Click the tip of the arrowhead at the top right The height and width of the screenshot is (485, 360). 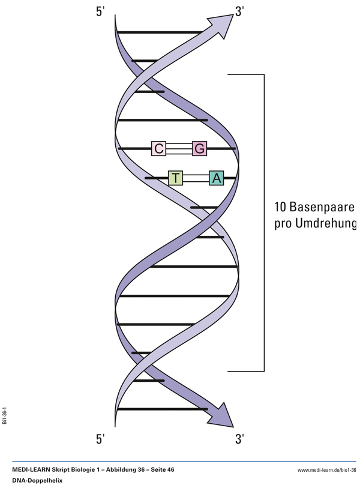tap(233, 14)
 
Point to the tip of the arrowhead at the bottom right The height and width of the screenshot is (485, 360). tap(233, 427)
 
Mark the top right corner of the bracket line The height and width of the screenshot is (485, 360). tap(264, 74)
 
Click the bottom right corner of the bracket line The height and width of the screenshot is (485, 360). tap(264, 371)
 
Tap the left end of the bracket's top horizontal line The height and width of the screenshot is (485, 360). tap(228, 74)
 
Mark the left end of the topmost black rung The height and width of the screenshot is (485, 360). tap(118, 32)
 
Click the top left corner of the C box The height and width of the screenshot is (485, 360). tap(152, 141)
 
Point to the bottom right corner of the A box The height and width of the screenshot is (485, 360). tap(224, 185)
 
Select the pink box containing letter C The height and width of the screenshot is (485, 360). tap(158, 148)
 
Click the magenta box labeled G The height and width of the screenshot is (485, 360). tap(199, 148)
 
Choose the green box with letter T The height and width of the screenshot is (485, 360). tap(175, 178)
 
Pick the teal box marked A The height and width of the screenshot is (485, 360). tap(217, 178)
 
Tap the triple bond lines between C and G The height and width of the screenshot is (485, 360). tap(179, 149)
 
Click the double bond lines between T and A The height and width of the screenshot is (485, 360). tap(196, 178)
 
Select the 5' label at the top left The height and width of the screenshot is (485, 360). tap(101, 12)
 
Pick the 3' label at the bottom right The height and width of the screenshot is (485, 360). tap(239, 439)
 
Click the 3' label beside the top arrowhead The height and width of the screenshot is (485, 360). tap(239, 12)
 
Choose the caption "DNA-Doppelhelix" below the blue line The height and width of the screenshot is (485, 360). tap(37, 480)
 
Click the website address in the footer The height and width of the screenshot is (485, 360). tap(326, 470)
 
